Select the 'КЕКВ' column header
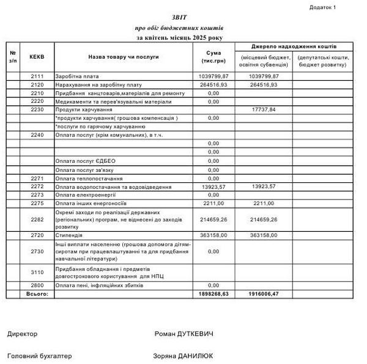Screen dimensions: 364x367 [x=37, y=56]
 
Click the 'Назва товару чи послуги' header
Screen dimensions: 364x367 [x=123, y=56]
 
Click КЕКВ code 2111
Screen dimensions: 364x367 [x=37, y=76]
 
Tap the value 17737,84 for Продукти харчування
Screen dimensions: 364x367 [x=264, y=110]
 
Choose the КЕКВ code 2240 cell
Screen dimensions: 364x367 [x=37, y=135]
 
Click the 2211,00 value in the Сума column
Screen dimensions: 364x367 [x=213, y=203]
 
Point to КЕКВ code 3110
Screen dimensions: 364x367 [x=37, y=272]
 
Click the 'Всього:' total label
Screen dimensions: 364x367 [x=37, y=294]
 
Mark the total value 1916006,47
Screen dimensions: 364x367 [x=264, y=294]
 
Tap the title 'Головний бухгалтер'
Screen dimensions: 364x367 [x=39, y=355]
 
